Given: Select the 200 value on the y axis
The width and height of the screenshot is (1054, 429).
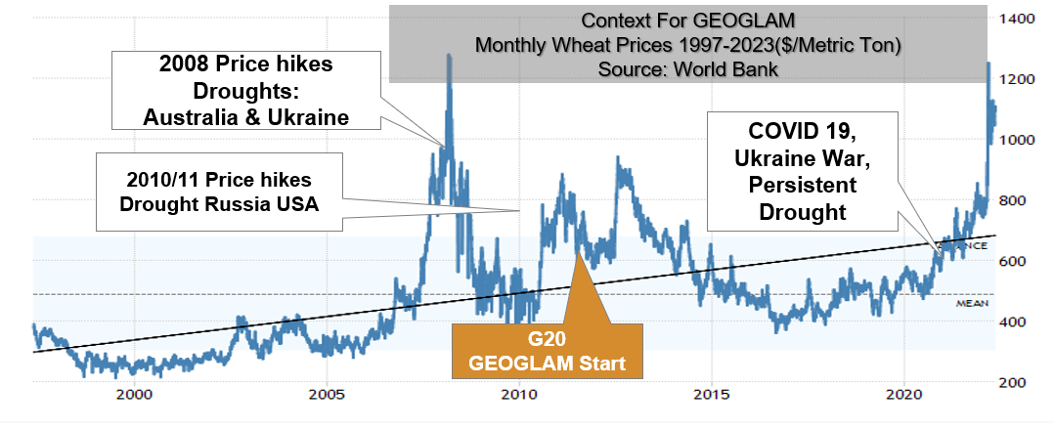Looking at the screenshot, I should (x=1018, y=382).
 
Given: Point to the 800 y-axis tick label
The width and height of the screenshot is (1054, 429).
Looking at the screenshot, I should (x=1018, y=200).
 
